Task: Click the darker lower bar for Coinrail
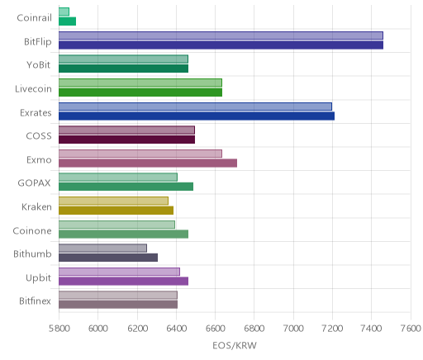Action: pos(67,21)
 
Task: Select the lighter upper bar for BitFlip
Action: pos(221,36)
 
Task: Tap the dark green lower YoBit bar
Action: pos(123,69)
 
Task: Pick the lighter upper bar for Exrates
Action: pos(195,107)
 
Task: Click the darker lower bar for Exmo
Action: pos(148,163)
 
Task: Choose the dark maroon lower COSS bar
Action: pos(126,140)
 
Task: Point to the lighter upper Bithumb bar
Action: pos(102,248)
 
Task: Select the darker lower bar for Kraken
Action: pos(116,211)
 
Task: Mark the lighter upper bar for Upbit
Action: pos(119,272)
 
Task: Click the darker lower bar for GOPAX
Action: pos(126,187)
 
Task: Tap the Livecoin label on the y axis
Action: pos(33,89)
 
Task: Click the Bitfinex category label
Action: pos(35,301)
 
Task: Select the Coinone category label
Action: pos(32,230)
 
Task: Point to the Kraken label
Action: pos(36,206)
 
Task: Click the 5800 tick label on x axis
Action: pos(59,329)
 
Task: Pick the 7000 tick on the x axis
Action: pos(293,329)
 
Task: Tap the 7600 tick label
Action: pos(411,329)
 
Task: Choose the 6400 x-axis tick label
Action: pos(176,329)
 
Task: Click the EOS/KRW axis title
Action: pos(235,345)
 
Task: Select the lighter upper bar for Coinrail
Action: pos(64,12)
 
